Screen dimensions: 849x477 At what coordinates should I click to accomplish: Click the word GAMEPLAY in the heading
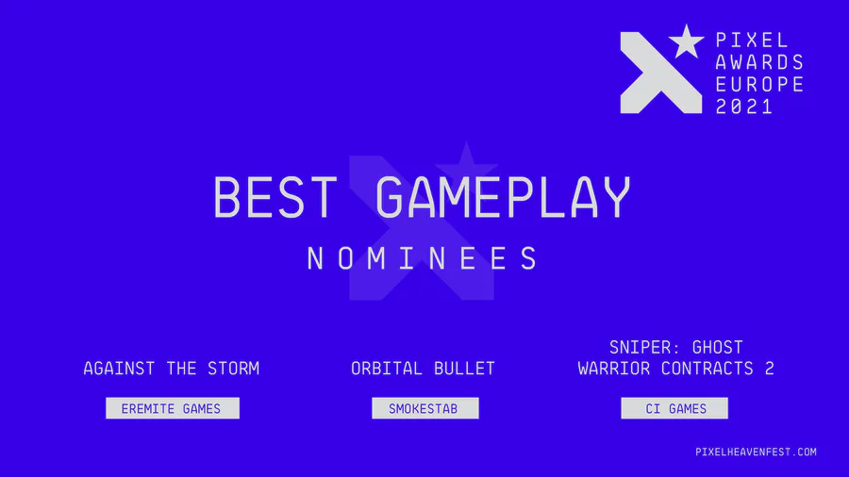(503, 197)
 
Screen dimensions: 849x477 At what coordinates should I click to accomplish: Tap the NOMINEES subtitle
(423, 258)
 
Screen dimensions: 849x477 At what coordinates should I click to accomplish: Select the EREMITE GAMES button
(173, 408)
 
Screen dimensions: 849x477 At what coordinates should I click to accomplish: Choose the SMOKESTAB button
(425, 408)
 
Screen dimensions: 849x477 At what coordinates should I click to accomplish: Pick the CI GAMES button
(674, 408)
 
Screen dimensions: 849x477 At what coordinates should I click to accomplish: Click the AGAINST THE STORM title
(171, 369)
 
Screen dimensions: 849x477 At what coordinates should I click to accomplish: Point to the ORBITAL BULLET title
(423, 369)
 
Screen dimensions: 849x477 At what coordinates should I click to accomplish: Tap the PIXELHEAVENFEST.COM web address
(756, 452)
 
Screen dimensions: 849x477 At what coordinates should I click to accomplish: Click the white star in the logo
(686, 41)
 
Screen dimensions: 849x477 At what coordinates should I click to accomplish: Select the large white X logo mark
(660, 73)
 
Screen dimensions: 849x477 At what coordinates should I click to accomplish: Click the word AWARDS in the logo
(759, 62)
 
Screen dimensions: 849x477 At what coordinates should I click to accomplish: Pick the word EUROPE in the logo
(759, 84)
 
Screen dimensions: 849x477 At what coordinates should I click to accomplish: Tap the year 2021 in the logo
(744, 107)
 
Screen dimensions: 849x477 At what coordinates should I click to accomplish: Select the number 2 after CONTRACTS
(770, 369)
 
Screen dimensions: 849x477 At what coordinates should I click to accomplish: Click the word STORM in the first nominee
(233, 369)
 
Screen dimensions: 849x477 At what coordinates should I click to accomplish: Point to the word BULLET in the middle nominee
(464, 369)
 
